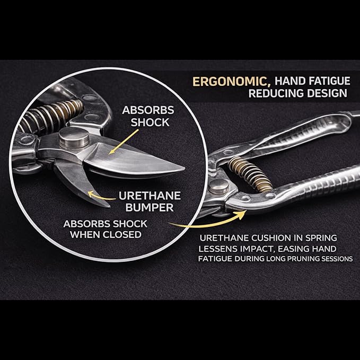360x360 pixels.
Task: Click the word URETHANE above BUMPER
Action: coord(150,196)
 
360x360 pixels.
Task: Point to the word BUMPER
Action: coord(150,207)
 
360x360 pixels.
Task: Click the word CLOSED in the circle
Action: coord(122,235)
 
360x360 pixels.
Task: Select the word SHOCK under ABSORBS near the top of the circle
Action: coord(150,122)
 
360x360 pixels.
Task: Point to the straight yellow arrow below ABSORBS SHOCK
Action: coord(124,142)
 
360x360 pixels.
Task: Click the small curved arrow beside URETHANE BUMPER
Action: coord(101,196)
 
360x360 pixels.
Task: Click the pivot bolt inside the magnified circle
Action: coord(74,137)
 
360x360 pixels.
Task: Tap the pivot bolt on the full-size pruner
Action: coord(219,186)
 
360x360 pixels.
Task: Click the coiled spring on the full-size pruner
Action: coord(250,174)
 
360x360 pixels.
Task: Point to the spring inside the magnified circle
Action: coord(51,116)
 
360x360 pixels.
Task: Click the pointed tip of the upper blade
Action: coord(183,169)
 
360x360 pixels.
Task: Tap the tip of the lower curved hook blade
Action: coord(109,206)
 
